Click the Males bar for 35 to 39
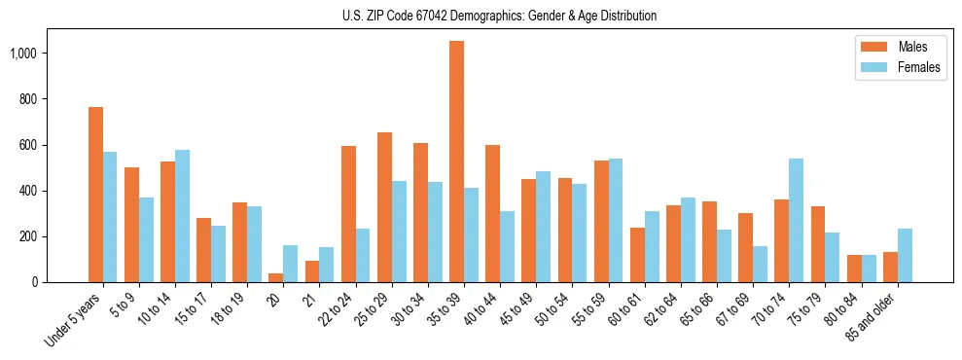point(456,162)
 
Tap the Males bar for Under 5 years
point(95,195)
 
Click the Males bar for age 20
point(275,278)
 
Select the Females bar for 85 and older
point(905,255)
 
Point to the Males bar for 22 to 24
point(348,214)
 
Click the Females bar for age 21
point(326,265)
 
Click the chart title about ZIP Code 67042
point(499,16)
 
